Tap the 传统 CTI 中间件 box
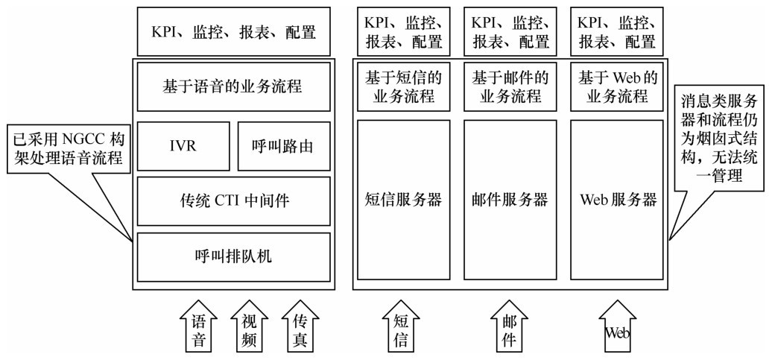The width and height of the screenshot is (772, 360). pos(233,200)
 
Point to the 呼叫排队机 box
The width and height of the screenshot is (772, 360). pos(233,256)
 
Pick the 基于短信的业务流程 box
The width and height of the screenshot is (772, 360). pos(403,87)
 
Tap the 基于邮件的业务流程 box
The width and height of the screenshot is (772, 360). pos(510,87)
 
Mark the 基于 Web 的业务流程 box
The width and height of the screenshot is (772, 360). pos(618,87)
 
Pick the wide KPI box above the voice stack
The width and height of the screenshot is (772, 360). pos(233,32)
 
